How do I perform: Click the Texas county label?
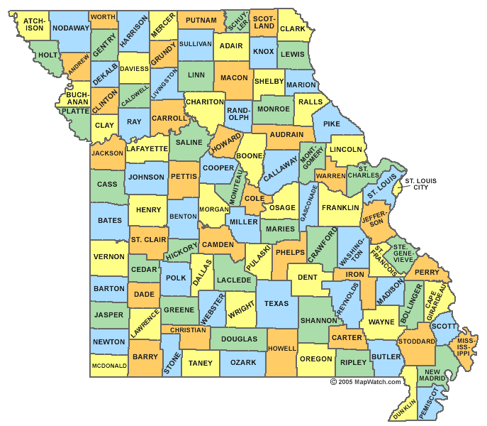276,303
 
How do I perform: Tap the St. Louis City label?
422,184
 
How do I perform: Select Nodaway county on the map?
72,28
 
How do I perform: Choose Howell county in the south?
281,349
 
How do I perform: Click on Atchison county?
33,26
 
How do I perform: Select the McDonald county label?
109,366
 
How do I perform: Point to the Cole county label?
254,198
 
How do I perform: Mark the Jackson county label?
107,153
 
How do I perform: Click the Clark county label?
292,28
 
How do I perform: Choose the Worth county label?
103,16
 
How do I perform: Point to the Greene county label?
179,310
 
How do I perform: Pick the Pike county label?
332,124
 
